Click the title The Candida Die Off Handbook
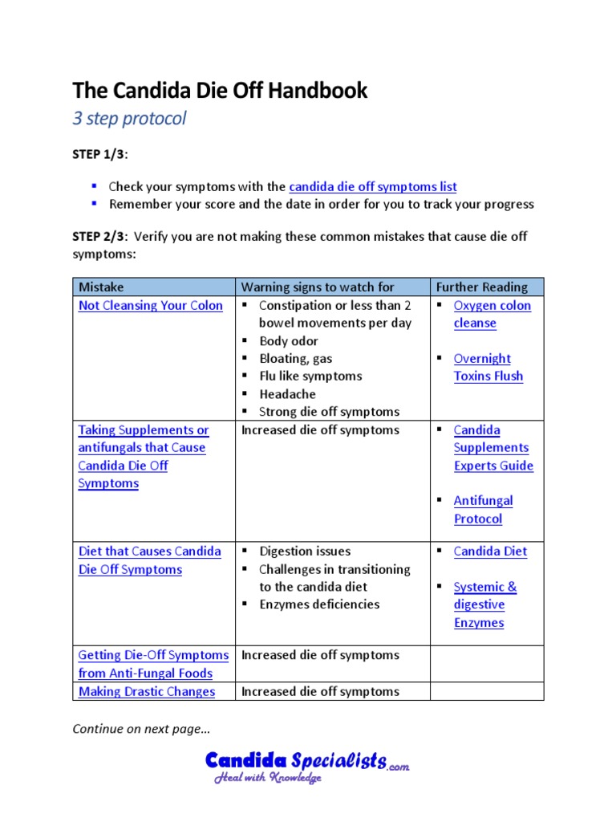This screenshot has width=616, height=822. [x=220, y=91]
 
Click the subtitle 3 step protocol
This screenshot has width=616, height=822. [x=129, y=119]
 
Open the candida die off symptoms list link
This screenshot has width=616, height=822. [x=372, y=186]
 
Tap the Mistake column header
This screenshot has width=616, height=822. [x=101, y=287]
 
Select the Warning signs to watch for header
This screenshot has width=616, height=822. [x=318, y=287]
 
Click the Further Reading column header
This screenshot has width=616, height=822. [x=481, y=287]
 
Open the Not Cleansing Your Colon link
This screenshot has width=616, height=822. [x=151, y=305]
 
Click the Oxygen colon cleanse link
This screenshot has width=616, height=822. [x=492, y=314]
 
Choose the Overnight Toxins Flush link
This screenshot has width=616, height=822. [x=488, y=367]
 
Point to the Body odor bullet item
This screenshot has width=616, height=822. [x=289, y=340]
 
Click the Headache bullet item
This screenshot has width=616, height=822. [x=287, y=393]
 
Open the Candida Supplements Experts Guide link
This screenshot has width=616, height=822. [x=492, y=447]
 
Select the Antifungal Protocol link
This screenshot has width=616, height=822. [x=483, y=509]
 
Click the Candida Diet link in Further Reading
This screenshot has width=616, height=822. [x=490, y=551]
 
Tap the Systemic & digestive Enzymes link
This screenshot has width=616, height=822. [x=484, y=604]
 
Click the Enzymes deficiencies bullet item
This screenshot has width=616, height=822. [x=319, y=604]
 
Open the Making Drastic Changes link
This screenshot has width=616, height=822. [x=147, y=691]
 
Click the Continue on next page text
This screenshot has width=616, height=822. [x=141, y=728]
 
